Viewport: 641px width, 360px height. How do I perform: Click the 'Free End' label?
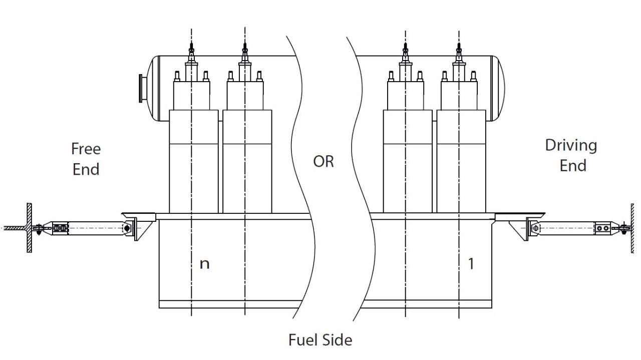click(x=86, y=159)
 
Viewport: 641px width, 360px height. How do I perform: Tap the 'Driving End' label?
click(x=571, y=155)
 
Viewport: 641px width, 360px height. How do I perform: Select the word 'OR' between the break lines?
click(x=323, y=162)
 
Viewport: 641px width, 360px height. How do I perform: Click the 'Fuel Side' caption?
click(x=320, y=340)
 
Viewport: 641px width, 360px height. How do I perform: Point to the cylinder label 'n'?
click(x=204, y=263)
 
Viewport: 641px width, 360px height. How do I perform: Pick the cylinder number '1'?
click(x=470, y=263)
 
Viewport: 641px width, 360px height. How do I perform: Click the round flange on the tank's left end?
click(x=142, y=88)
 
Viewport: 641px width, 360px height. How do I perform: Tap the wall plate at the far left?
click(x=30, y=228)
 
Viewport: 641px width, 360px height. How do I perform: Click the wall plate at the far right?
click(x=632, y=228)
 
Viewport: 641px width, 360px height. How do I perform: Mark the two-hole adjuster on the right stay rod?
click(x=602, y=228)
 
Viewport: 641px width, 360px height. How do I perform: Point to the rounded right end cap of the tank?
click(x=498, y=88)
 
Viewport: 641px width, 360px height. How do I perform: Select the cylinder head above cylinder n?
click(x=191, y=95)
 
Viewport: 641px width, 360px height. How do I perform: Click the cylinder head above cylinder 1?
click(x=458, y=95)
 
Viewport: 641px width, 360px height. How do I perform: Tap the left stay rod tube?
click(x=95, y=228)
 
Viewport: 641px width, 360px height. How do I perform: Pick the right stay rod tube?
click(x=566, y=228)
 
